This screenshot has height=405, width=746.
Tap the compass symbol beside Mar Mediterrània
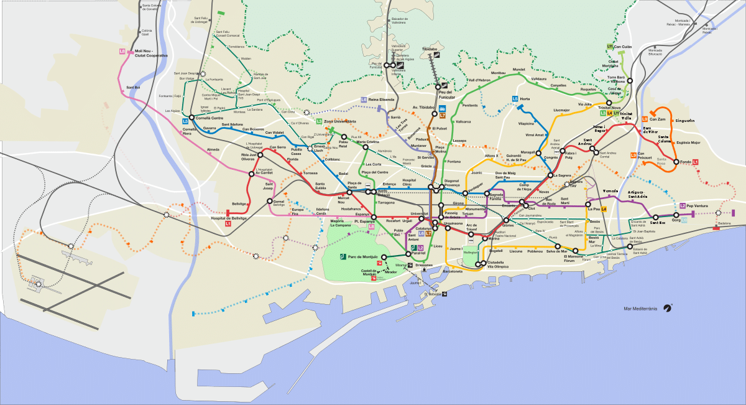[668, 307]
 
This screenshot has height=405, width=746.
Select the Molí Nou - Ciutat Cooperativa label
[151, 54]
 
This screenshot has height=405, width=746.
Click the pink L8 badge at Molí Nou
[122, 51]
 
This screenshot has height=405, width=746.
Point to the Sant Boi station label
[133, 87]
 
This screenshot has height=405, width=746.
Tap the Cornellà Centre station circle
[192, 118]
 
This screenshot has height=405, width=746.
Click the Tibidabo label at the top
[430, 48]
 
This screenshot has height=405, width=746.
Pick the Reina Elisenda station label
[382, 100]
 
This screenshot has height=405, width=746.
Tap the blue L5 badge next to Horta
[515, 99]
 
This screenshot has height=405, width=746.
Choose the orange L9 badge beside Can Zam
[645, 119]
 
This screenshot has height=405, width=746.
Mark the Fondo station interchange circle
[676, 162]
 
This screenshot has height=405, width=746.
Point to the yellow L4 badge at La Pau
[603, 209]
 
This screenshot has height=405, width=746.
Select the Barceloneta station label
[453, 271]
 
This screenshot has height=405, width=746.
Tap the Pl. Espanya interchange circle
[374, 217]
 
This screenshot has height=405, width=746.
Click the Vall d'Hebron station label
[479, 80]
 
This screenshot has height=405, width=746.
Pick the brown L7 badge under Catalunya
[428, 233]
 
